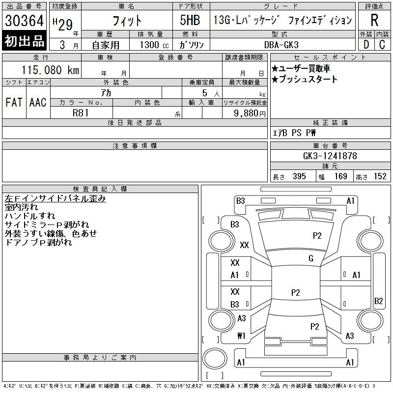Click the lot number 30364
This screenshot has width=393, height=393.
coord(24,21)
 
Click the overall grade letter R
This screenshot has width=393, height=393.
coord(374,20)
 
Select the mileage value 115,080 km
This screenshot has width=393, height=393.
coord(50,70)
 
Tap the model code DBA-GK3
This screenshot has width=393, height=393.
coord(281,45)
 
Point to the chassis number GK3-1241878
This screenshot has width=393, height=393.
coord(330,156)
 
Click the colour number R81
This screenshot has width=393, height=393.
coord(81,113)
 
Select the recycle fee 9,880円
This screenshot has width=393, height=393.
coord(250,113)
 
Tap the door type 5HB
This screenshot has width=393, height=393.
coord(190,20)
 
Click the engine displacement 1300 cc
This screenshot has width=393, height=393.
coord(154,45)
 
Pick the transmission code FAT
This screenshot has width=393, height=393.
coord(14,102)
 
